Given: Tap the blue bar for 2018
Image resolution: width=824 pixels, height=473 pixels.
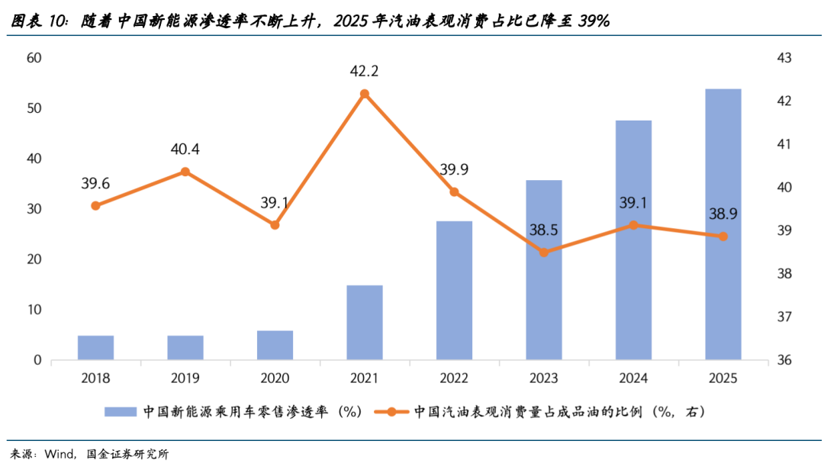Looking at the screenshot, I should (95, 348).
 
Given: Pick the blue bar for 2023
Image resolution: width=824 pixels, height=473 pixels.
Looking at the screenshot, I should (544, 270).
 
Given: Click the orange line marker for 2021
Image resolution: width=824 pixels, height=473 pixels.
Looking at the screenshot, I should (365, 94).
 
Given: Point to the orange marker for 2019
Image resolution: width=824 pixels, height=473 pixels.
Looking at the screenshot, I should (185, 172).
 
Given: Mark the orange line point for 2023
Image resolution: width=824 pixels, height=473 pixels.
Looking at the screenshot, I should (544, 253).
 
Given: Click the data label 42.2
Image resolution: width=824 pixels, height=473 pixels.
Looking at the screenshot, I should (365, 72).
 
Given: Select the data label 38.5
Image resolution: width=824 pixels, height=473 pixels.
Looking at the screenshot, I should (544, 230).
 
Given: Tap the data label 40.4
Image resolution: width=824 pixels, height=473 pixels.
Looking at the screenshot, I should (185, 150).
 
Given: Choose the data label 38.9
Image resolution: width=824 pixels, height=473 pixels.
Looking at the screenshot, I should (723, 214).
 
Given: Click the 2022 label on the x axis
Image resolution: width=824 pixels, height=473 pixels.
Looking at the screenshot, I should (454, 378).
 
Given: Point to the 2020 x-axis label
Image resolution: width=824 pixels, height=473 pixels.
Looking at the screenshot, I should (275, 378).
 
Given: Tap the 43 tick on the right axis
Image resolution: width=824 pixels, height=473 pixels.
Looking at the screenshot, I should (784, 58).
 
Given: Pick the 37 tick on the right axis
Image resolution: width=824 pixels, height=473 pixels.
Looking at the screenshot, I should (784, 317).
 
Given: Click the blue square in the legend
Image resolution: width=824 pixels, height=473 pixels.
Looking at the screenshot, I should (121, 412).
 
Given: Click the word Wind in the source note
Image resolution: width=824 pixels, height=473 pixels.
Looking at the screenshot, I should (59, 455).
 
